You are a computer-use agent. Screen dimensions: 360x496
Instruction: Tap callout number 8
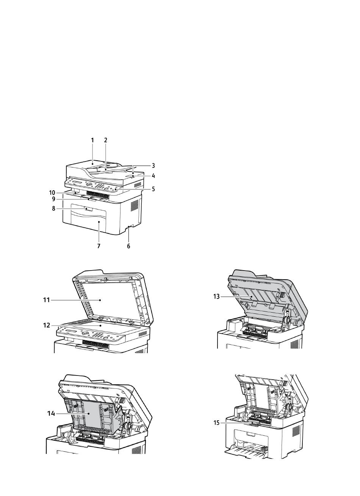(53, 208)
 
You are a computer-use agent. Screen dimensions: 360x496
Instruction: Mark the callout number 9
(53, 199)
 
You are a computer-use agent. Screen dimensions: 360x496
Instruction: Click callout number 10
(52, 193)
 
